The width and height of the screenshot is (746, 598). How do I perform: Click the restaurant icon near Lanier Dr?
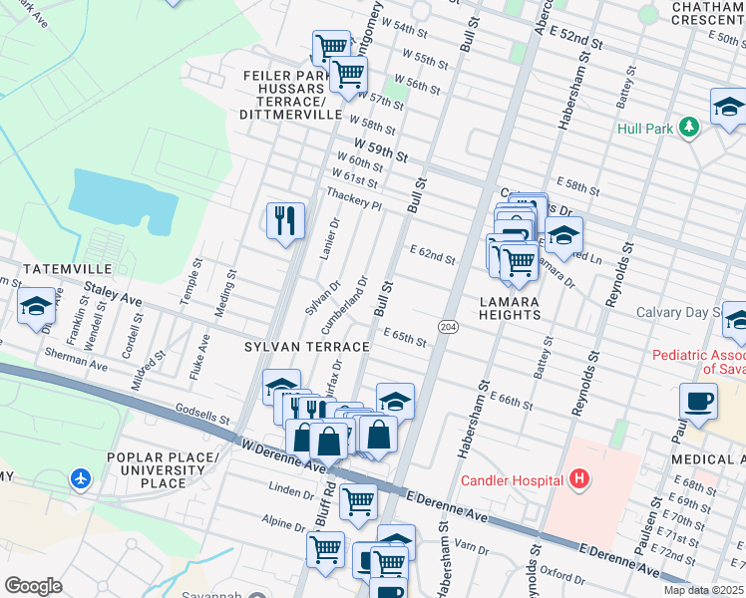[285, 219]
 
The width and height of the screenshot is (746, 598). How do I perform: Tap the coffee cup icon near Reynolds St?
[698, 401]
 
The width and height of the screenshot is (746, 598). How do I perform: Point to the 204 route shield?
[448, 326]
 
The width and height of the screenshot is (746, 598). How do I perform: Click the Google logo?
[33, 586]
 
